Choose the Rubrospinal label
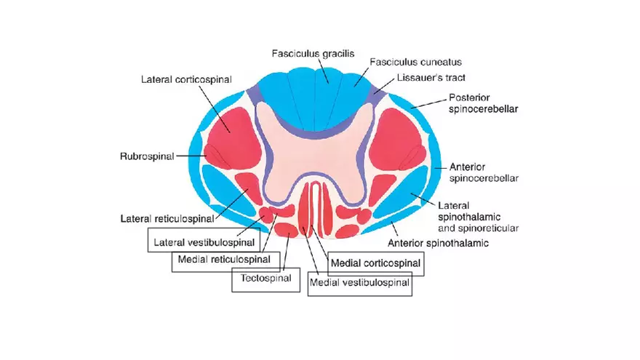coord(146,156)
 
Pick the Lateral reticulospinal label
coord(167,218)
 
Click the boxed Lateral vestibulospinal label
coord(204,241)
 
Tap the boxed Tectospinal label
coord(265,278)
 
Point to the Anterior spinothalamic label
coord(439,243)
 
